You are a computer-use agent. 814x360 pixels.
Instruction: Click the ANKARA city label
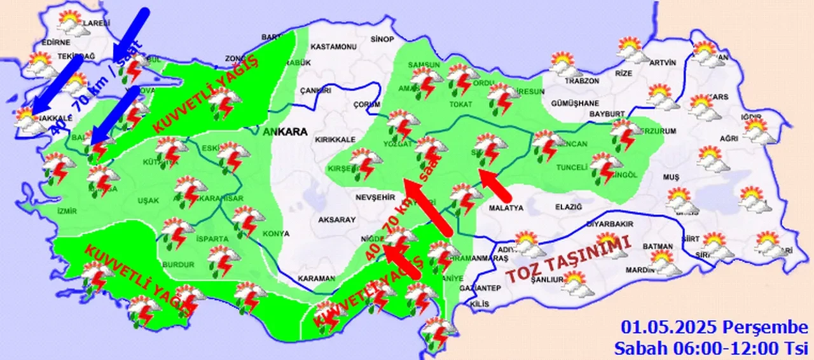pos(284,132)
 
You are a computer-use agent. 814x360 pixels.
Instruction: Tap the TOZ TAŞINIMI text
pos(568,259)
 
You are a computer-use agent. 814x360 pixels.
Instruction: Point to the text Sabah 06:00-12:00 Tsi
pos(710,348)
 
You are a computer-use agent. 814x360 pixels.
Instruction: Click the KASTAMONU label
pos(336,47)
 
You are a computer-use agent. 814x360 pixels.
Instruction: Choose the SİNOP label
pos(382,39)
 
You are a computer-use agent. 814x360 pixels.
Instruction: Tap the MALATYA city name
pos(506,208)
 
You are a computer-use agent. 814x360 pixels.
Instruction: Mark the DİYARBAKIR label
pos(605,224)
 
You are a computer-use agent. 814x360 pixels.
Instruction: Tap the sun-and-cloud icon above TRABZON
pos(563,64)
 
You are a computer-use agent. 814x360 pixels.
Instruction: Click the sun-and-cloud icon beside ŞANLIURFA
pos(576,284)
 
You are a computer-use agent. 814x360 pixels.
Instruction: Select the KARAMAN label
pos(316,279)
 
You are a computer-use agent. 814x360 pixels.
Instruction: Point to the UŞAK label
pos(148,200)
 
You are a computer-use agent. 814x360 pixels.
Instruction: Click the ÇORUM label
pos(366,104)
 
